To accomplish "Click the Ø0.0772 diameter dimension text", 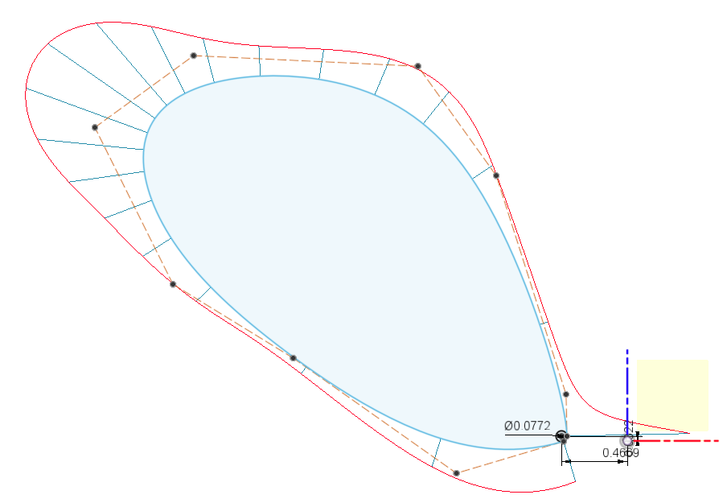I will tap(527, 425).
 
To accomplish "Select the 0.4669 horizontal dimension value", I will tap(620, 452).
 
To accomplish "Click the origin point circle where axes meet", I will tap(627, 440).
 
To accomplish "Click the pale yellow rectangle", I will tap(672, 394).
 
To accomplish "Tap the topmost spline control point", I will tap(194, 56).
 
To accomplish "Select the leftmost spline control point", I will tap(95, 127).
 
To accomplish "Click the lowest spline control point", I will tap(456, 473).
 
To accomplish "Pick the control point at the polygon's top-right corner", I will tap(418, 66).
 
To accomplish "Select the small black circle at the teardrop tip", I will tap(561, 435).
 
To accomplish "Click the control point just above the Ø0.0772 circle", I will tap(566, 394).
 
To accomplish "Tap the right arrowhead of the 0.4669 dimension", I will tap(622, 462).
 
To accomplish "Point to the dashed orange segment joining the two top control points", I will tap(306, 60).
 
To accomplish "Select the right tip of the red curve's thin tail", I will tap(689, 433).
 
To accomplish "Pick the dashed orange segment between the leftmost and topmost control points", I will tap(145, 91).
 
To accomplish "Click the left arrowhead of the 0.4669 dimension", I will tap(567, 462).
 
